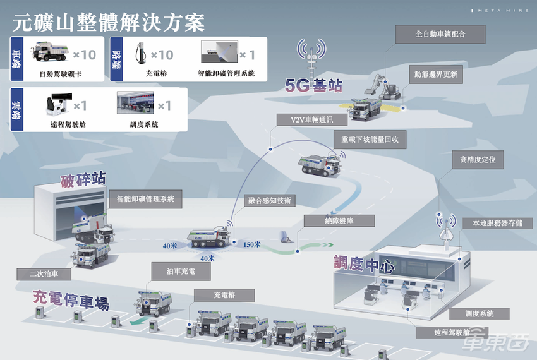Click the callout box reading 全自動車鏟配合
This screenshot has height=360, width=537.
click(440, 34)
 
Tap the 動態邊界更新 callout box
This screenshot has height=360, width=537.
click(436, 75)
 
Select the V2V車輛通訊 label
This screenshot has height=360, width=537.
click(311, 119)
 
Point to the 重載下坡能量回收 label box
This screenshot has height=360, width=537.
click(370, 140)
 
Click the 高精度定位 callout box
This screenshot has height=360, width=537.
click(478, 160)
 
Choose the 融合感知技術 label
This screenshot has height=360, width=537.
click(270, 200)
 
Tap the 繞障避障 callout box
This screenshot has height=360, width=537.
click(339, 221)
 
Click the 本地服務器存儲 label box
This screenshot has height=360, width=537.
click(498, 224)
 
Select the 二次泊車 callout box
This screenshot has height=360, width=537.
click(44, 274)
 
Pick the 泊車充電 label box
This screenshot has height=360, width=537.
click(181, 272)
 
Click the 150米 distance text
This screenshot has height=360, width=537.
click(251, 244)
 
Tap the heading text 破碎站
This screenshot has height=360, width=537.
click(83, 179)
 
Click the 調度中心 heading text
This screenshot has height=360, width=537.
click(364, 265)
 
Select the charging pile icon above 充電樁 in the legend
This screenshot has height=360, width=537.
click(140, 53)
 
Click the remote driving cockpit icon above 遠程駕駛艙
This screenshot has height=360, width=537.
click(59, 104)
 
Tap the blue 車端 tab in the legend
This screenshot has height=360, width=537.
click(17, 59)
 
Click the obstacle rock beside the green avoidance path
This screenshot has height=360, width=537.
click(286, 237)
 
